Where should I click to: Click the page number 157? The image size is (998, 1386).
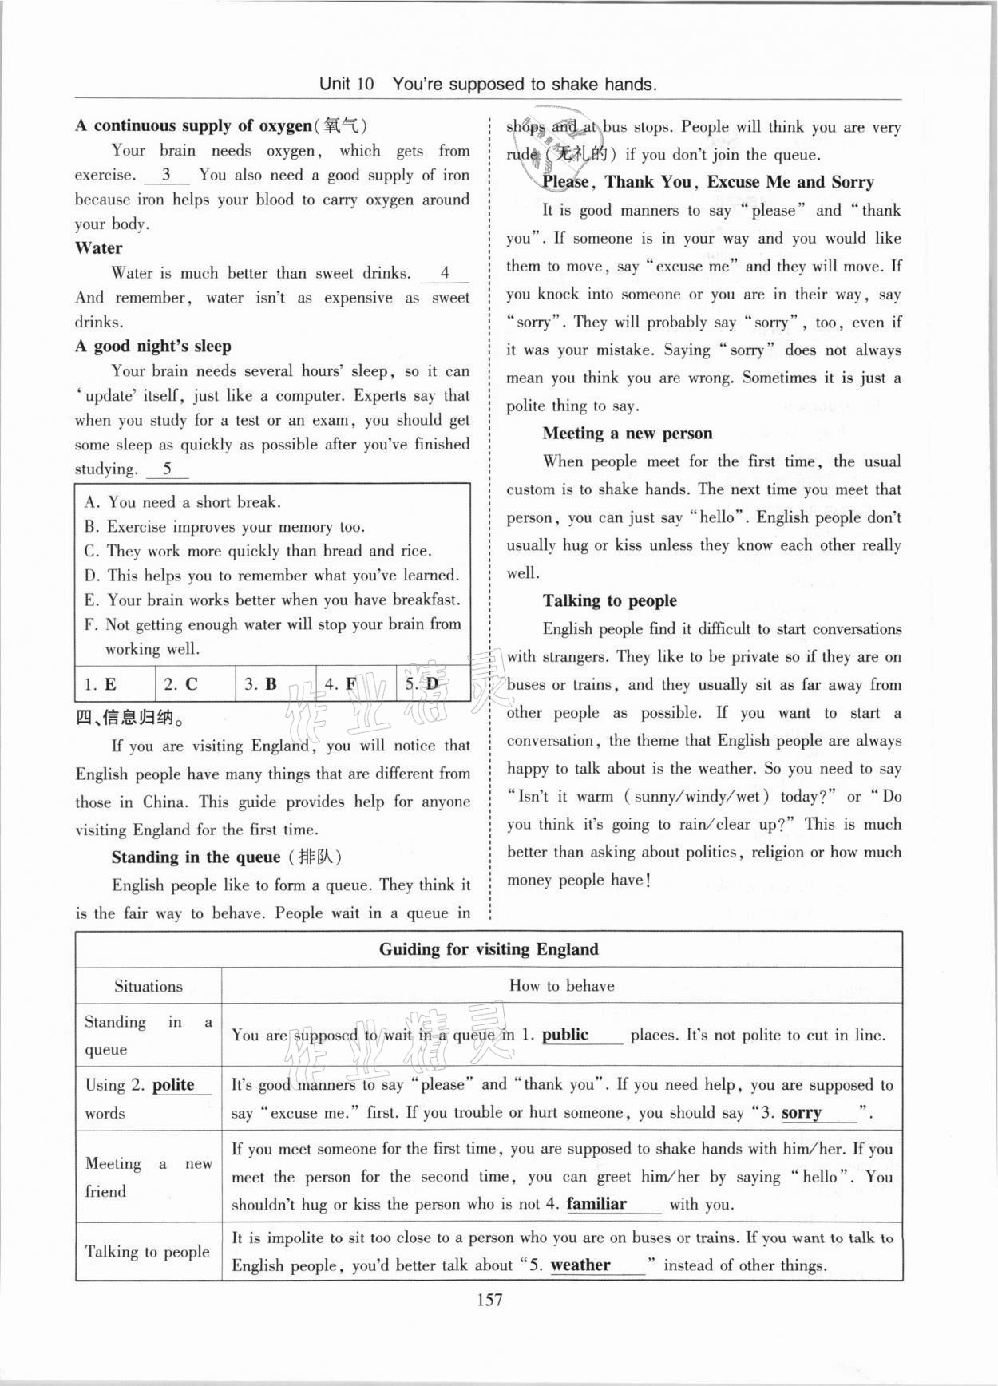489,1300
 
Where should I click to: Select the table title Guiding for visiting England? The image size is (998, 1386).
488,949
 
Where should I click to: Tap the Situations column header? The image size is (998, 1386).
149,986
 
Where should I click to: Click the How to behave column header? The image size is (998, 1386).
561,986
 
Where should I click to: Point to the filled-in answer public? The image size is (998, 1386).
565,1035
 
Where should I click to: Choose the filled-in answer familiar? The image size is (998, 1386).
596,1203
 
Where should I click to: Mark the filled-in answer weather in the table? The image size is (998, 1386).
580,1265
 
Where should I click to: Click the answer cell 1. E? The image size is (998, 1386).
101,683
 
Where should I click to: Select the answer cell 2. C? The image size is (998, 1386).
180,683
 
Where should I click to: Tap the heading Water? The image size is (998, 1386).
99,248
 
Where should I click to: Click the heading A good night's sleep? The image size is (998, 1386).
153,346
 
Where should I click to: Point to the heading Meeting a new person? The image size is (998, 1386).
628,434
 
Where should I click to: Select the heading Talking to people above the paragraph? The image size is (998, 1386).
610,601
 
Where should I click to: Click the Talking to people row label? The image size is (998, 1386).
148,1251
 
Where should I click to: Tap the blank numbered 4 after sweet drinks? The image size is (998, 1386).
445,273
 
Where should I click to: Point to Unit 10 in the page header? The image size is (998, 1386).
346,84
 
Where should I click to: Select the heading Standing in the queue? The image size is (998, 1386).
196,857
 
